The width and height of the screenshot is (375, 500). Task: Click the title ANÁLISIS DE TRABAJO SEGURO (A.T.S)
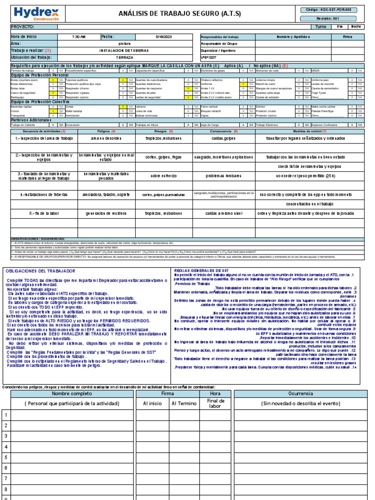point(180,14)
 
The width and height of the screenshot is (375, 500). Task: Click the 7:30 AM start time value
point(79,37)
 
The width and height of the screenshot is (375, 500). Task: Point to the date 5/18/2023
point(164,37)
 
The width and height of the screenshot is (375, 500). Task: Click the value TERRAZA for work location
point(125,57)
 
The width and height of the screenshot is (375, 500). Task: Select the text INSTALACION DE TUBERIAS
point(125,50)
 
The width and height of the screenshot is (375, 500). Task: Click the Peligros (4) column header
point(106,131)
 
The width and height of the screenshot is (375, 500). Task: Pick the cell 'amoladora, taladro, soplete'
point(106,194)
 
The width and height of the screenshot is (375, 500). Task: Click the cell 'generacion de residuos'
point(106,213)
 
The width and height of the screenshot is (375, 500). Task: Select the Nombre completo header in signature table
point(72,394)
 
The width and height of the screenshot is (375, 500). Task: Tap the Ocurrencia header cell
point(301,394)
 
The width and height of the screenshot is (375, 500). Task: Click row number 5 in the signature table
point(6,457)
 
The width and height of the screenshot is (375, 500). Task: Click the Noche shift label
point(356,27)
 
